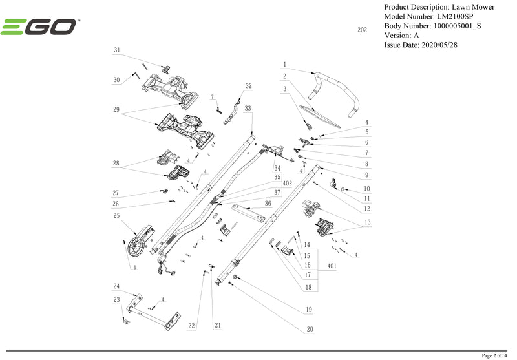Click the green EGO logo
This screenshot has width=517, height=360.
coord(40,27)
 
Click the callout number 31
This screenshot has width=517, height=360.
coord(117,50)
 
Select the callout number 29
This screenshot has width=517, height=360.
coord(116,110)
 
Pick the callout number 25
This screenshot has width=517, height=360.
coord(117,215)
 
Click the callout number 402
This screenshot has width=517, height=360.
coord(288,184)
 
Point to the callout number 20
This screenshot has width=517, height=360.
coord(310,329)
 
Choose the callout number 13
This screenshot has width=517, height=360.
coord(367,223)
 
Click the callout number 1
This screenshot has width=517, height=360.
coord(284,64)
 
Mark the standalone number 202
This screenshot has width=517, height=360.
coord(362,30)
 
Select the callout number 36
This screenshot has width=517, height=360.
coord(267,203)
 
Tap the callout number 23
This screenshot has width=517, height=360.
coord(117,299)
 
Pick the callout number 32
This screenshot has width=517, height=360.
coord(248,86)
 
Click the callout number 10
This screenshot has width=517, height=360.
coord(366,189)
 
